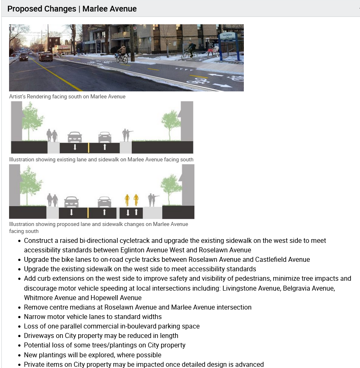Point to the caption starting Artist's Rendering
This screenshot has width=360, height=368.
[67, 96]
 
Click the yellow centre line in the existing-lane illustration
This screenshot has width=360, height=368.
[89, 147]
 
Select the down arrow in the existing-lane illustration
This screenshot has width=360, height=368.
[75, 147]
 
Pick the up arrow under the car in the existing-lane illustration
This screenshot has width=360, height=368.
[105, 147]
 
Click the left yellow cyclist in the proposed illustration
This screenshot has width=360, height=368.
[127, 200]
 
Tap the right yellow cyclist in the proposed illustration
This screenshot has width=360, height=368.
[136, 200]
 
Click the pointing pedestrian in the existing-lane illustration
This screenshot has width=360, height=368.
[126, 135]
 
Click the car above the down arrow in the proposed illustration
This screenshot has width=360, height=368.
[72, 201]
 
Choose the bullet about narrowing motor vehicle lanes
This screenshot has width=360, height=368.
[93, 317]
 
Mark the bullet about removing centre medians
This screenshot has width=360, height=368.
[138, 307]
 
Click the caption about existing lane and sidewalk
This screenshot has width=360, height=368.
[101, 159]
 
